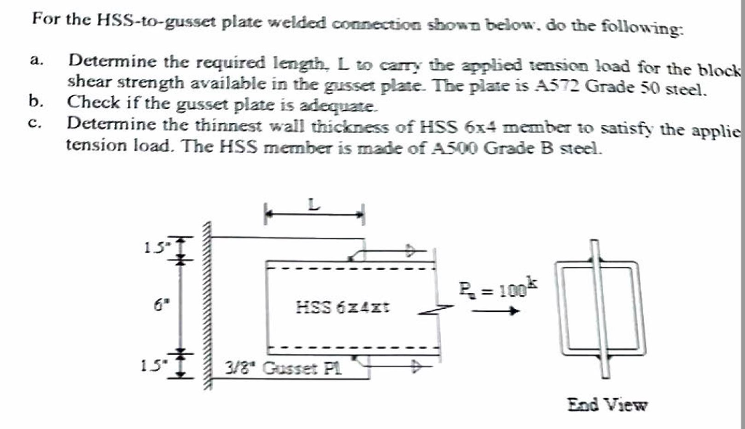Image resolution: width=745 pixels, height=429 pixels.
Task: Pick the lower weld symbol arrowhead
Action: click(x=417, y=367)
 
